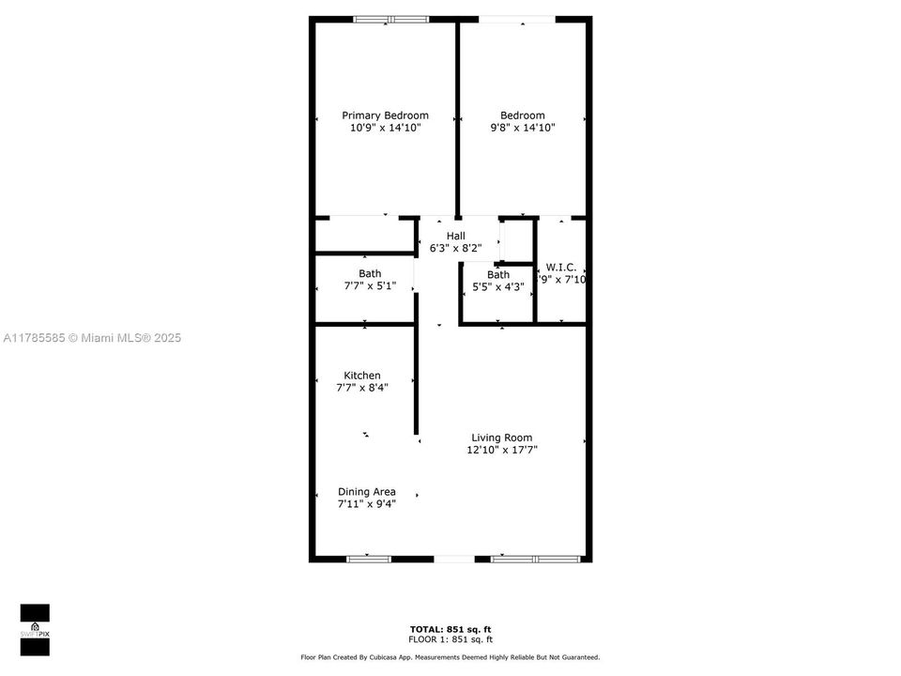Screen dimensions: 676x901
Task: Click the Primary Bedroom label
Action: tap(385, 115)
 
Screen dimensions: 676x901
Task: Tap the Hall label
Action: tap(455, 236)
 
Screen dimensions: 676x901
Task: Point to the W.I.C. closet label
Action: tap(561, 267)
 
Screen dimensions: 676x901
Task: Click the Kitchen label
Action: tap(362, 376)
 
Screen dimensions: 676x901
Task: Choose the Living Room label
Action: tap(501, 438)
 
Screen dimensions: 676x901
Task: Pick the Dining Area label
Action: tap(367, 491)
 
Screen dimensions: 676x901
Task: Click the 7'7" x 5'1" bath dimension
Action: tap(370, 285)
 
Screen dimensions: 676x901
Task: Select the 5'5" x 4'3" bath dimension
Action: tap(498, 286)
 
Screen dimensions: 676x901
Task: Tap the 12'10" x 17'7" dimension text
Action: tap(501, 450)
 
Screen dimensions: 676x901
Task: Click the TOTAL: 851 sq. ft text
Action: tap(450, 629)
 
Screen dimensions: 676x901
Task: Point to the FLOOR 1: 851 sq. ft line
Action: tap(450, 638)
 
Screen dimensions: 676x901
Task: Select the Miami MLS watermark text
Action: tap(91, 338)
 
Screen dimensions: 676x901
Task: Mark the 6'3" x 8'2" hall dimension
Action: tap(455, 249)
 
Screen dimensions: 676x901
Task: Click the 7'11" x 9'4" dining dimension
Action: tap(367, 503)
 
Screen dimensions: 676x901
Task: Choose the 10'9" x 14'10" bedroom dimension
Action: tap(385, 128)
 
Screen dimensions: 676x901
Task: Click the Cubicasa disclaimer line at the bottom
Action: tap(450, 657)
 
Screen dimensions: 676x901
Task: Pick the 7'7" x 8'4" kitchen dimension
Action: tap(362, 387)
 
